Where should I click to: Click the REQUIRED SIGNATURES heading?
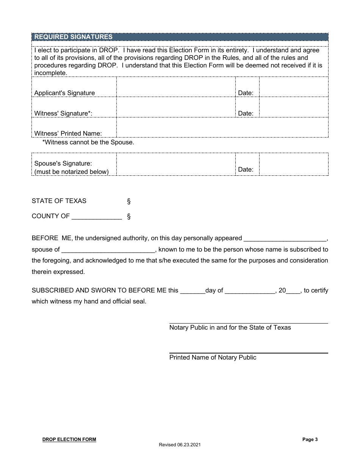[x=74, y=37]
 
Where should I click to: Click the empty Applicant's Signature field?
[x=176, y=87]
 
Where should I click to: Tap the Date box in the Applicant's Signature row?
[x=294, y=87]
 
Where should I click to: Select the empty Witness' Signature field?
[x=176, y=108]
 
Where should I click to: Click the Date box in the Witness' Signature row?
[x=294, y=108]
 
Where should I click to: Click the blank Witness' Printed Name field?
[x=222, y=128]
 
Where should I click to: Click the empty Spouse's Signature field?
[x=176, y=164]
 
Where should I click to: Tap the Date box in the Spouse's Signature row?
[x=294, y=164]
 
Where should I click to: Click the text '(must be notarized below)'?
[x=72, y=172]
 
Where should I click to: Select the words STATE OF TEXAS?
[x=59, y=201]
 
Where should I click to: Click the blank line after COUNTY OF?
[x=97, y=217]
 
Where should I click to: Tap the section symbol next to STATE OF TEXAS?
[x=129, y=201]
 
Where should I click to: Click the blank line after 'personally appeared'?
[x=285, y=239]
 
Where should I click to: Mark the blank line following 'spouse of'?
[x=108, y=250]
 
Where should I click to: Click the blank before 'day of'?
[x=193, y=291]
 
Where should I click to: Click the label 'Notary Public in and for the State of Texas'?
[x=230, y=327]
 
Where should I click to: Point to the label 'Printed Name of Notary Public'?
[x=213, y=357]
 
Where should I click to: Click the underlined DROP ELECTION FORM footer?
[x=69, y=439]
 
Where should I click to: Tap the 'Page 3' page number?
[x=310, y=439]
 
